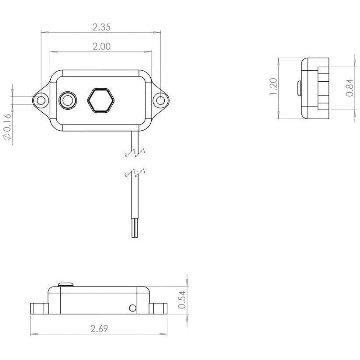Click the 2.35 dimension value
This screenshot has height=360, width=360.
101,27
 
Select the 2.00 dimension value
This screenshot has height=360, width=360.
101,46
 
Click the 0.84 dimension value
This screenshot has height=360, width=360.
350,88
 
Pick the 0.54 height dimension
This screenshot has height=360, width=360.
182,300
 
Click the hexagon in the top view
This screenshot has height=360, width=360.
100,100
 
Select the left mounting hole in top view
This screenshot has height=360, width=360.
41,100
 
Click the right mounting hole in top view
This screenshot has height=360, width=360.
161,100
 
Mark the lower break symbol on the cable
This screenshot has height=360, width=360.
135,174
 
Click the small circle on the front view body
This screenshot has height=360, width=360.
133,308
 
